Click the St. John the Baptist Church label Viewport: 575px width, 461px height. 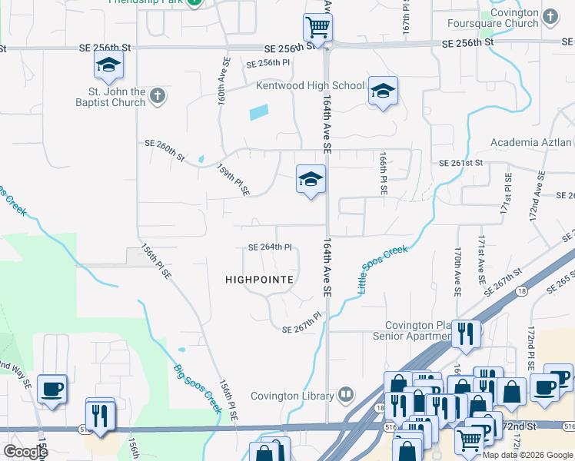click(x=110, y=97)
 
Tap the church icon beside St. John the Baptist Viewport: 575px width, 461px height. click(x=158, y=96)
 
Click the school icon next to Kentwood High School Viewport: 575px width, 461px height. click(x=382, y=92)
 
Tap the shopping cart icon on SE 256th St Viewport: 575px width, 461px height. click(x=317, y=28)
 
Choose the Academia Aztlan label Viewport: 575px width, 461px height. click(x=530, y=143)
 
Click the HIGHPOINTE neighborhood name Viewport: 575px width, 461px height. click(x=259, y=280)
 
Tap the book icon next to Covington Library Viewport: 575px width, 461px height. click(x=346, y=396)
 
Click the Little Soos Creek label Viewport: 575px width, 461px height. click(x=383, y=270)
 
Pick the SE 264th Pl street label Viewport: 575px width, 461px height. click(x=270, y=247)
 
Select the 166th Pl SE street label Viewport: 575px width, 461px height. click(x=382, y=171)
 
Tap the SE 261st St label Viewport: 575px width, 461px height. click(x=460, y=163)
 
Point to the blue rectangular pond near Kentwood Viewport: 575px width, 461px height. click(x=259, y=112)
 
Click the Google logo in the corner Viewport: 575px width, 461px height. click(x=25, y=451)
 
